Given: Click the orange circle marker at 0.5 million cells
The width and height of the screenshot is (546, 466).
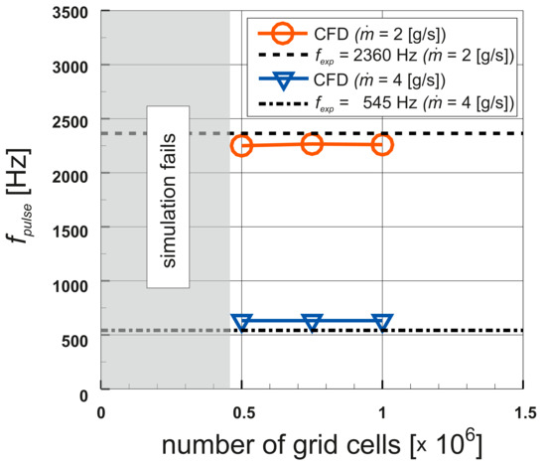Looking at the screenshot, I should [x=242, y=145].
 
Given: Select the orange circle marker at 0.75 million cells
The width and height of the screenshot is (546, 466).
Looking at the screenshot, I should [x=312, y=144].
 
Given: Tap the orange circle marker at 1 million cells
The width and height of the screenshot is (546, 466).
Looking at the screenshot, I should [x=382, y=145].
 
